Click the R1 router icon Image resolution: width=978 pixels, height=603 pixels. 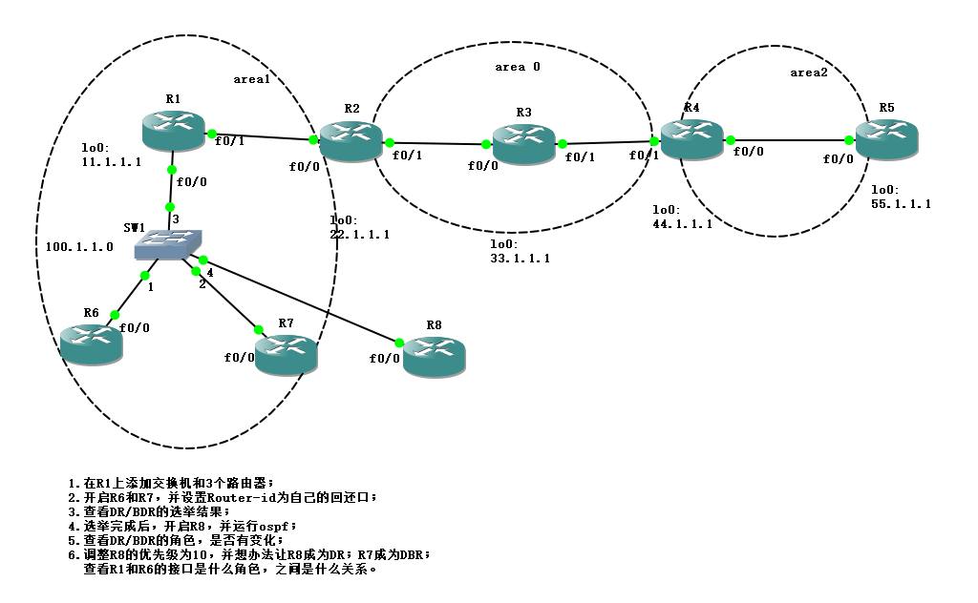click(x=173, y=130)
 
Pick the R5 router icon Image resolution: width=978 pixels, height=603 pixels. click(x=885, y=139)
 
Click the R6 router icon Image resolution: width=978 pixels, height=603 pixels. click(x=91, y=343)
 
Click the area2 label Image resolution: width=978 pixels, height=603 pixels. click(x=809, y=73)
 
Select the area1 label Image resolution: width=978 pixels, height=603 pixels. click(x=252, y=79)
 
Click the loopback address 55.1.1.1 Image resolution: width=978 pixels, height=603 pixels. click(x=901, y=204)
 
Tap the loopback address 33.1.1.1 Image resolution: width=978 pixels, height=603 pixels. click(x=520, y=259)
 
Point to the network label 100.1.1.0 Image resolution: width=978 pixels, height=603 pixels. click(x=79, y=246)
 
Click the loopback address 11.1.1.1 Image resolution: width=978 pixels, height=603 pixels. click(x=112, y=162)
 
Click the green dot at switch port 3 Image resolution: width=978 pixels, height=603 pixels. click(x=170, y=206)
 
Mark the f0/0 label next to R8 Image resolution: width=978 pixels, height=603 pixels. click(x=386, y=359)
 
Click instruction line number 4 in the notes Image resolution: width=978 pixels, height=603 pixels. click(x=182, y=526)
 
